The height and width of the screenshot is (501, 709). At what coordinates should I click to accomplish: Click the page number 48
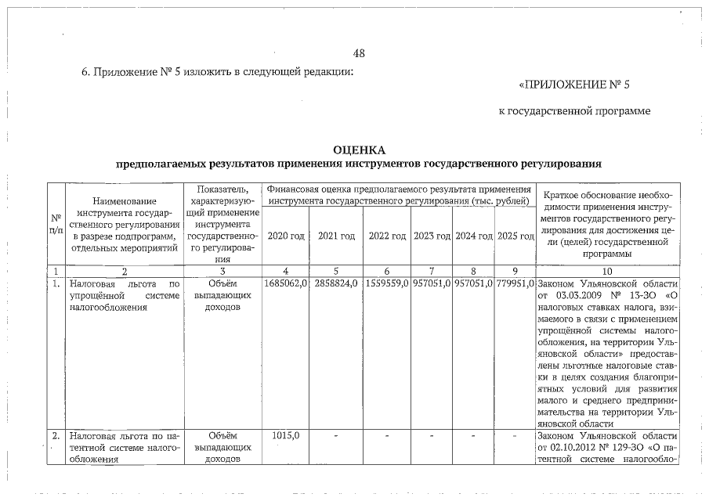(360, 53)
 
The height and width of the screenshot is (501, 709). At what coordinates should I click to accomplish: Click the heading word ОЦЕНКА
(360, 150)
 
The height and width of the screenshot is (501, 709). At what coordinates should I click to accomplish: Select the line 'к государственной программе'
(574, 111)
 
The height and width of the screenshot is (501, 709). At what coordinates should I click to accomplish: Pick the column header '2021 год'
(337, 236)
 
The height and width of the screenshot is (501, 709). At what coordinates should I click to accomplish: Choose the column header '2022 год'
(387, 236)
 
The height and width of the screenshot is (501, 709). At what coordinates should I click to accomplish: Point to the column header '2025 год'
(515, 236)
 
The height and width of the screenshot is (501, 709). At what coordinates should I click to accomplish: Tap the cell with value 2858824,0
(337, 282)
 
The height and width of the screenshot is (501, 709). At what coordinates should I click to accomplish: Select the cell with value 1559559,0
(387, 282)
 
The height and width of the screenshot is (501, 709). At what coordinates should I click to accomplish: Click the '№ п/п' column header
(56, 224)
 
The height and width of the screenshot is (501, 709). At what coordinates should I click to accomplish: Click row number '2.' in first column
(56, 434)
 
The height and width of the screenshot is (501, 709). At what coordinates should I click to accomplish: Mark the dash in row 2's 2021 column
(337, 435)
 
